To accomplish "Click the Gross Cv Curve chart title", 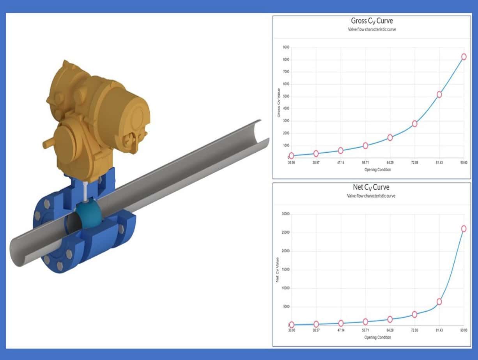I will [371, 21].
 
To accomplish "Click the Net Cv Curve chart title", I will [371, 188].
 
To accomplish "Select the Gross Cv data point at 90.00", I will [464, 56].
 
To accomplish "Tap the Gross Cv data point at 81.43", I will [439, 94].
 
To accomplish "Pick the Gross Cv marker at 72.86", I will [415, 124].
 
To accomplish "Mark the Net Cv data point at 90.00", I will [464, 229].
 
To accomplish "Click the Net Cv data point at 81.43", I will [439, 302].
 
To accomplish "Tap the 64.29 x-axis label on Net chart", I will [390, 330].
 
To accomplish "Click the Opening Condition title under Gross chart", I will [377, 169].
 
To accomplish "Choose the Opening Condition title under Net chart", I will [377, 337].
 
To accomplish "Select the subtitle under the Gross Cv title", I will [371, 30].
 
